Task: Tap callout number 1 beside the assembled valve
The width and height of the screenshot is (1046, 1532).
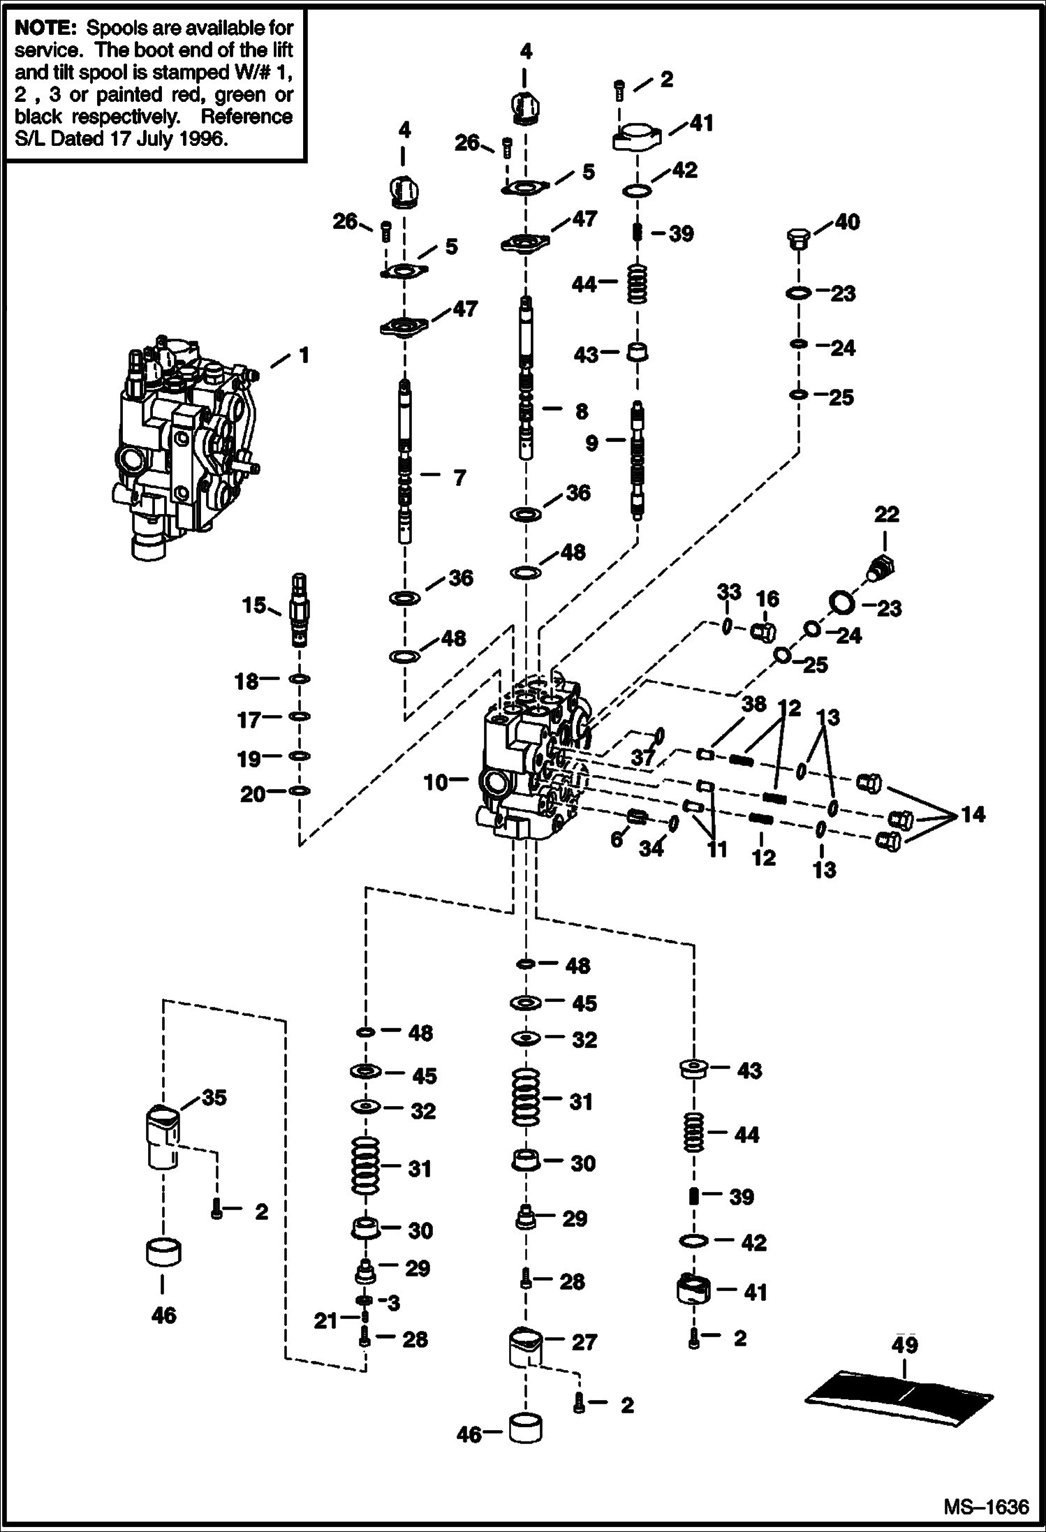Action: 304,355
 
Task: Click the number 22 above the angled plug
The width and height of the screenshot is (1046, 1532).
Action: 886,515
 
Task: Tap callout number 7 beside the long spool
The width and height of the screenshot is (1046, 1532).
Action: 459,478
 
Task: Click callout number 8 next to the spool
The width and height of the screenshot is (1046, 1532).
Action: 581,412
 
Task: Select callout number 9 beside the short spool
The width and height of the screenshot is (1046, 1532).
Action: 591,443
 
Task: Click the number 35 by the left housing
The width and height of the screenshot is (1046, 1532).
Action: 214,1097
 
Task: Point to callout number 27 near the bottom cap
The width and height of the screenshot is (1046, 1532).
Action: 584,1341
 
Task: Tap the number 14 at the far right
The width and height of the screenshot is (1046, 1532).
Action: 973,813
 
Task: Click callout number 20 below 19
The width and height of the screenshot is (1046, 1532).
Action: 253,794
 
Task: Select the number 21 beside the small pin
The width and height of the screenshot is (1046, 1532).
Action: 325,1320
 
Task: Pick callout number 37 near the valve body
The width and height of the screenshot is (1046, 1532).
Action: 642,757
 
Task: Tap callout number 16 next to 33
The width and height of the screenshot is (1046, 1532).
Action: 767,598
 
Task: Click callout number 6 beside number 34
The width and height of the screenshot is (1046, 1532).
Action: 616,839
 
